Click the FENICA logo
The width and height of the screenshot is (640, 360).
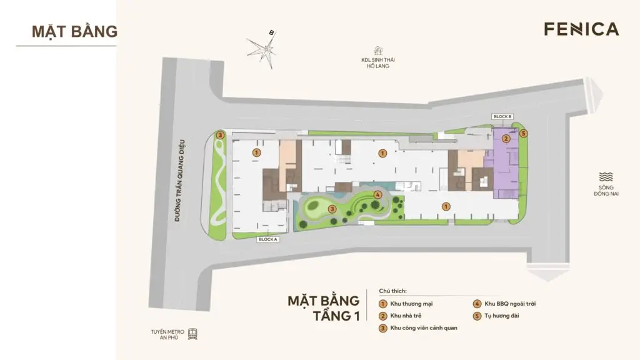pos(581,29)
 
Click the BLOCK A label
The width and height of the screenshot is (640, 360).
pos(267,239)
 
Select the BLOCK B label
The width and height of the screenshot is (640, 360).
pos(502,117)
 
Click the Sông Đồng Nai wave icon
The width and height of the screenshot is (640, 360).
pos(606,177)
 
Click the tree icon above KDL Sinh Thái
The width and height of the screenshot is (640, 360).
pos(377,51)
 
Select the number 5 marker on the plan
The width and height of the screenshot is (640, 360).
pos(524,133)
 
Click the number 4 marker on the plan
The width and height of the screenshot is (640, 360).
pos(377,194)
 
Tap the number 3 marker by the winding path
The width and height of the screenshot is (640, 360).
pos(219,135)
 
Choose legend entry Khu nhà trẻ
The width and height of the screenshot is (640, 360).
pos(407,316)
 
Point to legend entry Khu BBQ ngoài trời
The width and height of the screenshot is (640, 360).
pos(510,304)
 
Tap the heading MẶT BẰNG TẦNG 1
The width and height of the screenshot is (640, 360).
pos(323,307)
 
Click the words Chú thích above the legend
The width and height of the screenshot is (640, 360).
pos(392,291)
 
